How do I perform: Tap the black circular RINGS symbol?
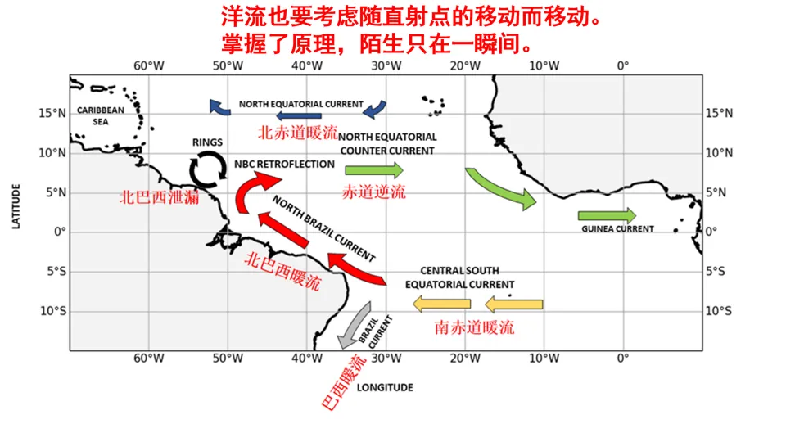(208, 169)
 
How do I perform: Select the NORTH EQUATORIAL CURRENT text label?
(300, 104)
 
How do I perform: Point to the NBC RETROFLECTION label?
(284, 164)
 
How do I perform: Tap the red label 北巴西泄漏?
(159, 197)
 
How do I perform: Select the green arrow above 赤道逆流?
(373, 170)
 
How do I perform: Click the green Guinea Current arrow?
(606, 215)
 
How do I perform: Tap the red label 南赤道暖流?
(475, 327)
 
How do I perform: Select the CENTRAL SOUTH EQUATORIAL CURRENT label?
(459, 277)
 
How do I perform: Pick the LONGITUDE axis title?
(384, 387)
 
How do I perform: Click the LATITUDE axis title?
(16, 205)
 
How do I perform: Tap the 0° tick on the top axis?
(623, 65)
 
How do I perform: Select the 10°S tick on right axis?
(718, 311)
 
